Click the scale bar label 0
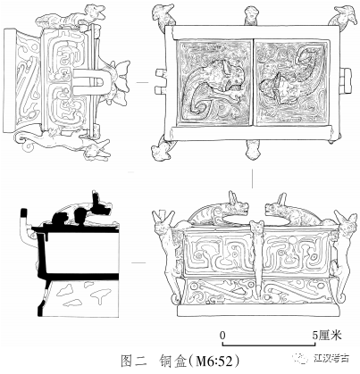point(222,336)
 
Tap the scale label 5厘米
point(326,336)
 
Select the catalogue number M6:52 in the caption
point(212,362)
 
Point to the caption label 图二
point(133,362)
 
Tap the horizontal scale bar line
point(269,345)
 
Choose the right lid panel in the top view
point(292,82)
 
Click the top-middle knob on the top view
point(252,15)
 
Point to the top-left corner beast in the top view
point(163,15)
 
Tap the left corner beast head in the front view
point(163,221)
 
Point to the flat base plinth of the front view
point(258,311)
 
